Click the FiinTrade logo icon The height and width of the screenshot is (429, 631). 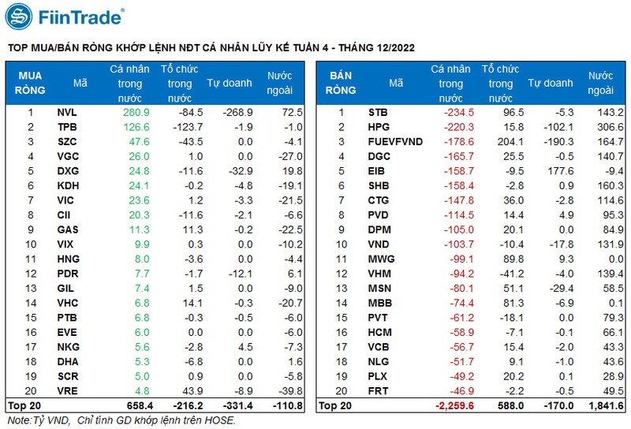pos(21,16)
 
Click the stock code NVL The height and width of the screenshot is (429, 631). pos(67,113)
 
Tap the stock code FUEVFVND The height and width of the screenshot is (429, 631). pos(395,142)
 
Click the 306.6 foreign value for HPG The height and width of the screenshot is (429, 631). pos(610,127)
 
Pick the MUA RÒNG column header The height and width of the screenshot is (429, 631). pos(30,83)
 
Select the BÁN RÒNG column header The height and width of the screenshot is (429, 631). pos(341,83)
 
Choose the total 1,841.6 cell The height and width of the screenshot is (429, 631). pos(606,405)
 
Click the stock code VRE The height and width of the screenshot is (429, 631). pos(67,390)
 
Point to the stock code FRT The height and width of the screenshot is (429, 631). pos(379,390)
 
